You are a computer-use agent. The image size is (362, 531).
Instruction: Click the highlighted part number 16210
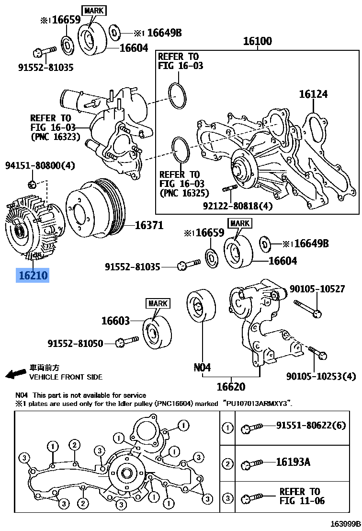tap(33, 275)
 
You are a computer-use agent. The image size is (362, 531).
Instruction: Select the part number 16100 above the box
tap(258, 41)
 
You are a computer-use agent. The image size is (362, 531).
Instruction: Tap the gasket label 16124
tap(313, 94)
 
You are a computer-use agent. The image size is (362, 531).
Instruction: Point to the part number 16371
tap(149, 225)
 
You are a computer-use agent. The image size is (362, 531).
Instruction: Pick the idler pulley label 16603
tap(116, 320)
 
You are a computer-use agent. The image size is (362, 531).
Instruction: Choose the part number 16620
tap(231, 386)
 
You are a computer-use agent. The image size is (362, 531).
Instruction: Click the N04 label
tap(202, 367)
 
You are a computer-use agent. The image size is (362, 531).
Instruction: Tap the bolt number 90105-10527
tap(317, 289)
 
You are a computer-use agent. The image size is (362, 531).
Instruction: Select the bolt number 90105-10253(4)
tap(321, 376)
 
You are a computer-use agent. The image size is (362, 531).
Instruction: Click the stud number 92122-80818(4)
tap(238, 206)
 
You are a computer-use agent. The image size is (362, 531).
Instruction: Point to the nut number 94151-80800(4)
tap(40, 166)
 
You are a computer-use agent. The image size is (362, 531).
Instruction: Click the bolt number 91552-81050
tap(76, 344)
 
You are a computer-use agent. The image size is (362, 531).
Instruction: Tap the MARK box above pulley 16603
tap(158, 303)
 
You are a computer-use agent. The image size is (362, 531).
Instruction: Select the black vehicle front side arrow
tap(16, 374)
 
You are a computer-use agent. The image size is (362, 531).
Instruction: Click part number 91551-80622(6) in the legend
tap(311, 425)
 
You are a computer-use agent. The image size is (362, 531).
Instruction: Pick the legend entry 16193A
tap(293, 462)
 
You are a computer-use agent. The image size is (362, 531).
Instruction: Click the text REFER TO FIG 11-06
tap(302, 496)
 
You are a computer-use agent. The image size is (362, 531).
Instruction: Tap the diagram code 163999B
tap(345, 524)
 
